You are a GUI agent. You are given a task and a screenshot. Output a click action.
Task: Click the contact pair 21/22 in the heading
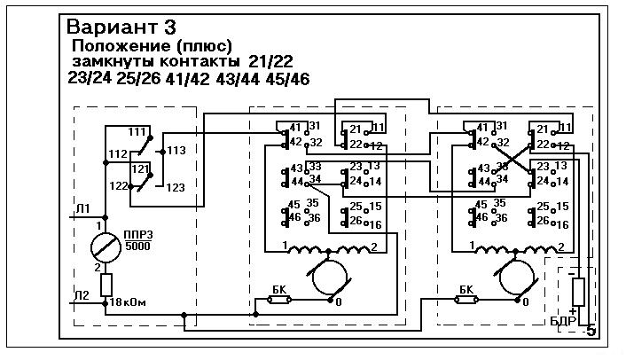(270, 61)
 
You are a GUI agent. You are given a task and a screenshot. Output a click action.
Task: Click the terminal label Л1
(82, 209)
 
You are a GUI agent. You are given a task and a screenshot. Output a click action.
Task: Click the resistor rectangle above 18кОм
(106, 284)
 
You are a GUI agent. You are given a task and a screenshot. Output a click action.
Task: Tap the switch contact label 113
(176, 151)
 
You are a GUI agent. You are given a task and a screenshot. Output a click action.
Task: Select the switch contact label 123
(176, 187)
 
